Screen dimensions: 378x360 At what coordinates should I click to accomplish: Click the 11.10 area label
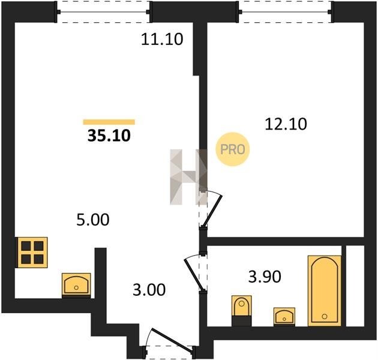(162, 39)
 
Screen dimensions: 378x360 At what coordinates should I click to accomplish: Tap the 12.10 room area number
(286, 124)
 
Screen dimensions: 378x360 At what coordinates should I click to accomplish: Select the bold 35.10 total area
(109, 136)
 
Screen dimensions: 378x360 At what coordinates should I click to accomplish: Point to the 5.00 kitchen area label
(93, 220)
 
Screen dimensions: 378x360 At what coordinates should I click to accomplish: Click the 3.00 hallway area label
(149, 290)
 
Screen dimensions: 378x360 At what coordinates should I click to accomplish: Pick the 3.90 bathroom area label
(265, 277)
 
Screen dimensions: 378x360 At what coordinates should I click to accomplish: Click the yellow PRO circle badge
(233, 149)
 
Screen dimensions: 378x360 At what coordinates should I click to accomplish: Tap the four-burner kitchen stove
(32, 253)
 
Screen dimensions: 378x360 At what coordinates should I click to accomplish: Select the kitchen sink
(76, 285)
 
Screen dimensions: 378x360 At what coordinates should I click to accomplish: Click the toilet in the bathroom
(242, 311)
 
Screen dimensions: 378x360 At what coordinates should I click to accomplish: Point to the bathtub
(325, 290)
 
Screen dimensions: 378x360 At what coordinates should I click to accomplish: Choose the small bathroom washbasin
(284, 316)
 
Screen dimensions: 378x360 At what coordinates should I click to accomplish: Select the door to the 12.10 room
(211, 209)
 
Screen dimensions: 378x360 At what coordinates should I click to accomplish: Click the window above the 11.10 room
(103, 11)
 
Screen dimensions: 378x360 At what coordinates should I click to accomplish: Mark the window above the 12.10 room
(286, 11)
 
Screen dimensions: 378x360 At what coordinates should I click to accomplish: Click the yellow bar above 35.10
(109, 122)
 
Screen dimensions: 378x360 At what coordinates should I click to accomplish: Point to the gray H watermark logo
(188, 177)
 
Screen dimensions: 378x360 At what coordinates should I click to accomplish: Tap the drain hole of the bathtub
(325, 316)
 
